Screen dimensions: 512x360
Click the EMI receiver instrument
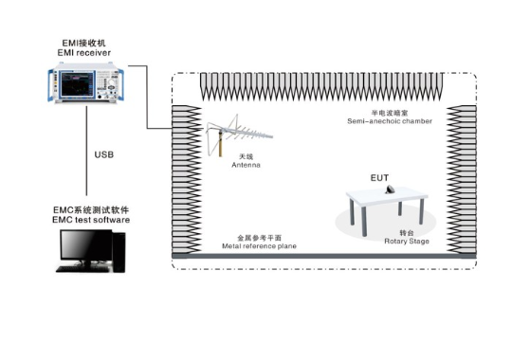coord(86,83)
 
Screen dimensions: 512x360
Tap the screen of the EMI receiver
coord(76,84)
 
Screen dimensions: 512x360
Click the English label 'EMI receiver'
coord(84,53)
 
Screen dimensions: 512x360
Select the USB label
coord(104,154)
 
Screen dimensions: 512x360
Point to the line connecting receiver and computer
coord(86,151)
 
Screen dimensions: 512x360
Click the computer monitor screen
coord(86,244)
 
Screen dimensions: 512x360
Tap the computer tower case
coord(119,252)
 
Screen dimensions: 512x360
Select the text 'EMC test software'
coord(91,220)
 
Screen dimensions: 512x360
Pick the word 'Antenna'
coord(246,165)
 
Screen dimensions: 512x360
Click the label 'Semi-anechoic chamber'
coord(390,121)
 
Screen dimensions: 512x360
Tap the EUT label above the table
coord(380,178)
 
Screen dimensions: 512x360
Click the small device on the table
coord(390,189)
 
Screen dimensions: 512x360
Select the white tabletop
coord(387,196)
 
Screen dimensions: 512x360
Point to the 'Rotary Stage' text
coord(407,242)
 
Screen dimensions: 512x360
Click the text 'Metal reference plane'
coord(259,246)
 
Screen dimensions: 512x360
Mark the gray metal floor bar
coord(324,256)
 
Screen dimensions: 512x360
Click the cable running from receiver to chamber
coord(147,98)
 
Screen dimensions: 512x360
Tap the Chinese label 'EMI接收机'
coord(84,44)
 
